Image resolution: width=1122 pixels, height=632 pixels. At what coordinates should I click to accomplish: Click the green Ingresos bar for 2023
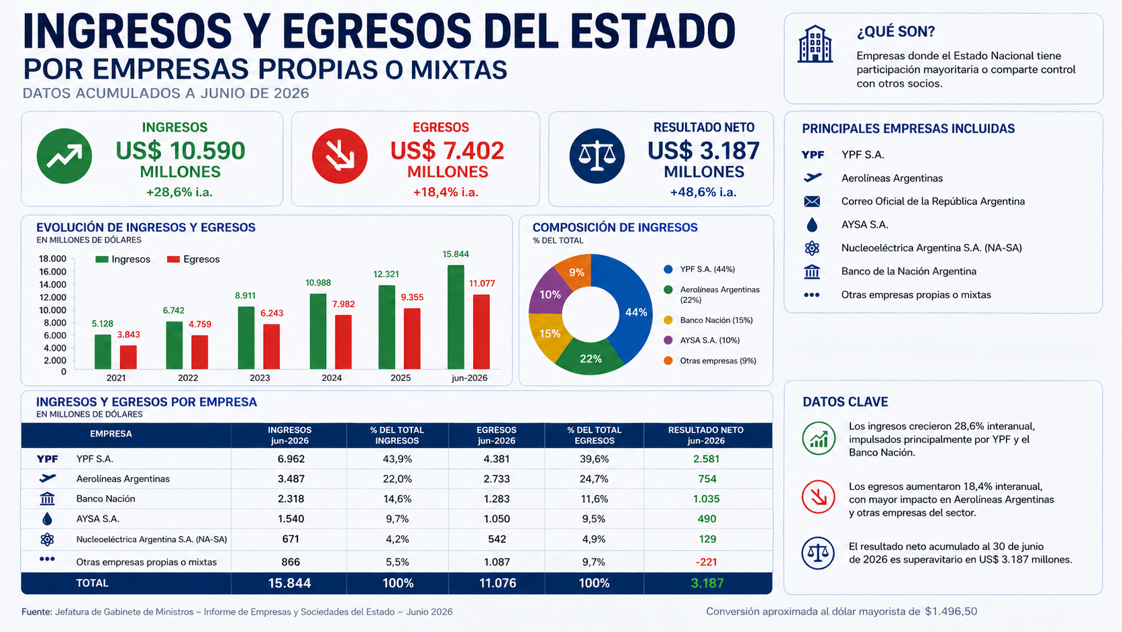(246, 338)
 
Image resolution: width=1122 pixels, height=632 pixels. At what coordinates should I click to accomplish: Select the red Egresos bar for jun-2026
(481, 332)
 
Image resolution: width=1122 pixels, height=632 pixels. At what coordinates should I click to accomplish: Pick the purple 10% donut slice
(548, 293)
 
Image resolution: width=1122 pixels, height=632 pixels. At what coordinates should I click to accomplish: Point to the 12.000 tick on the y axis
(52, 298)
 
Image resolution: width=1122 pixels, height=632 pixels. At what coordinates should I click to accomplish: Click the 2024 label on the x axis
(331, 378)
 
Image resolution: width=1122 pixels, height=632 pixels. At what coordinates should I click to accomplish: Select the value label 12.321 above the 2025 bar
(386, 274)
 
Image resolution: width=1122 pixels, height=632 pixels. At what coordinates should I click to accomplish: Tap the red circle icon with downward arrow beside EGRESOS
(340, 156)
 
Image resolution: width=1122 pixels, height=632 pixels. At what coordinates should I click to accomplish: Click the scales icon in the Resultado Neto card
(597, 156)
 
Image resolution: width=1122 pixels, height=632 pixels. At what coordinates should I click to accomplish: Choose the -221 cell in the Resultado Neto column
(706, 562)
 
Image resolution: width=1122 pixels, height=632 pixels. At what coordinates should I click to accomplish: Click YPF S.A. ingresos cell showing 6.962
(291, 459)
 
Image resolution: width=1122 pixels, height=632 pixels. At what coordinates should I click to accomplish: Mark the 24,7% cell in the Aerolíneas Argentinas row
(594, 479)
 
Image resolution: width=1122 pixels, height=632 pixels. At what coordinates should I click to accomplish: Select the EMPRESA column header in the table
(111, 434)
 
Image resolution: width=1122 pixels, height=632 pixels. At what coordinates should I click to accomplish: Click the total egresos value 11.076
(497, 584)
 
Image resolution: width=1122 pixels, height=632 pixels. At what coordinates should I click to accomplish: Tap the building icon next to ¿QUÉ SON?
(815, 44)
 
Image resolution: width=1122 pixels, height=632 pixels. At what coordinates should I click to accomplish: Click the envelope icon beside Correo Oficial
(812, 201)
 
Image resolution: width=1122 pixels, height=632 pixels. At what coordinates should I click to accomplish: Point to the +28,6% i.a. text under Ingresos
(179, 193)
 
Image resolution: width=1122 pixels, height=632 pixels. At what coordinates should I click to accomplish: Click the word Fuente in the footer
(36, 612)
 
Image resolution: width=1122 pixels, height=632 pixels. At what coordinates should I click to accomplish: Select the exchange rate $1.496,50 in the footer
(951, 611)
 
